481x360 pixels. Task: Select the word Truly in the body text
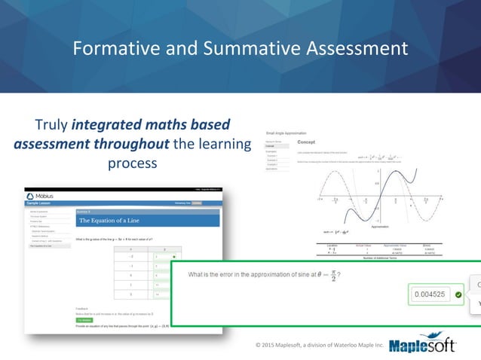(x=56, y=124)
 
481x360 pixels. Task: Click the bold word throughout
(x=137, y=143)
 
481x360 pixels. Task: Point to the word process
(x=132, y=163)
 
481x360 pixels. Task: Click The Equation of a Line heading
(x=111, y=221)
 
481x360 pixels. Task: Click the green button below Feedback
(x=84, y=320)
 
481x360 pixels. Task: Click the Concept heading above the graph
(x=306, y=141)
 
